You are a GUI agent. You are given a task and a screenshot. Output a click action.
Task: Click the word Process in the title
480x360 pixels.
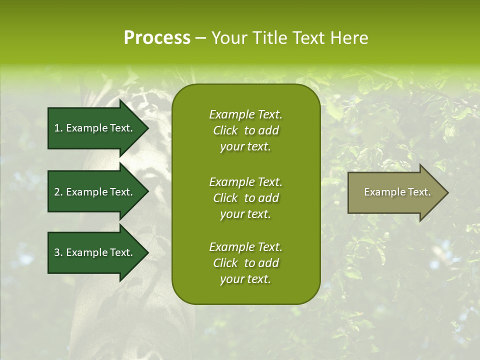[x=157, y=38]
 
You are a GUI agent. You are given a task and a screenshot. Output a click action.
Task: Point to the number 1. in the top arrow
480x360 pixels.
[x=58, y=128]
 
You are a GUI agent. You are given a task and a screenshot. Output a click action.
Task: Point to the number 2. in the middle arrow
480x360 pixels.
[x=58, y=192]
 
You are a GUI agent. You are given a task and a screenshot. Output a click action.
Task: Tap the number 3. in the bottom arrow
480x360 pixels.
[x=58, y=252]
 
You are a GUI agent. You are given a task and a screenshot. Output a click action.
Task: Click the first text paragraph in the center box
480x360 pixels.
[x=245, y=130]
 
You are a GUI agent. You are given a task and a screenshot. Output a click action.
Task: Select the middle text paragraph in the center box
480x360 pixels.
[x=245, y=198]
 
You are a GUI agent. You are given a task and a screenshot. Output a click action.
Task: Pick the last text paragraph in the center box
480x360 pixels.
[x=245, y=263]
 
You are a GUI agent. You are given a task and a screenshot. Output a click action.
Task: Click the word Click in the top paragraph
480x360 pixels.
[x=225, y=130]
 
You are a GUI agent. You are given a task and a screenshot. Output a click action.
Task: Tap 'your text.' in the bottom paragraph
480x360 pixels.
[x=245, y=279]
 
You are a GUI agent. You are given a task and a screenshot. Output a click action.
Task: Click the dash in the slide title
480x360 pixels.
[x=200, y=38]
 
